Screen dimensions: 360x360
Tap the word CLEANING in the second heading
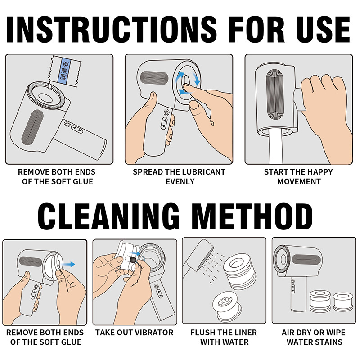(108, 216)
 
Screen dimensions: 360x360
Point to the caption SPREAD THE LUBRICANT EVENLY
(179, 177)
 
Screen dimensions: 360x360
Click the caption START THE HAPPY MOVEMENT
(298, 177)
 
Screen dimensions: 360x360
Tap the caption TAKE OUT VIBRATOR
(134, 333)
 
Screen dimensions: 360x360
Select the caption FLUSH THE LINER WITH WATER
(224, 337)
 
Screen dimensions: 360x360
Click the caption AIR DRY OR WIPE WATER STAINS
(314, 337)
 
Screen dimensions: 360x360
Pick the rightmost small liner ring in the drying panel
(343, 301)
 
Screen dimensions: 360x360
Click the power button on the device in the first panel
(67, 124)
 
